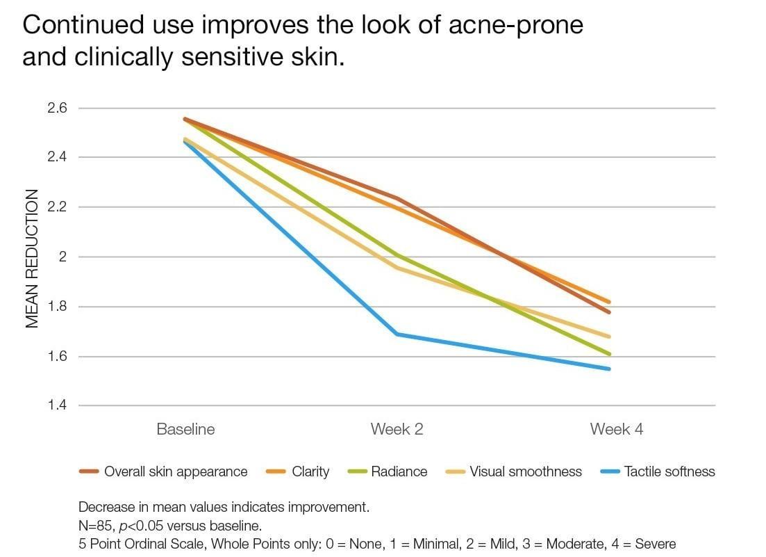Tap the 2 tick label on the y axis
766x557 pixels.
pos(62,257)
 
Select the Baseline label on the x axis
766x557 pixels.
pos(185,429)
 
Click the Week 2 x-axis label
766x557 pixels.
pos(397,429)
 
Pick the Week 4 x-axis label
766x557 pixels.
pos(616,429)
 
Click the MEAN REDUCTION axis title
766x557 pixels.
pos(33,259)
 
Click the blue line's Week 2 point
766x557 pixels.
pos(397,334)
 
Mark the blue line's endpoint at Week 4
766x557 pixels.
pos(609,369)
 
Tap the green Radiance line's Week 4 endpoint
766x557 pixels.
pos(609,354)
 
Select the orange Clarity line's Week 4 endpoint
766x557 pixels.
pos(609,302)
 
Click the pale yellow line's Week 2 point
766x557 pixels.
pos(397,268)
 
